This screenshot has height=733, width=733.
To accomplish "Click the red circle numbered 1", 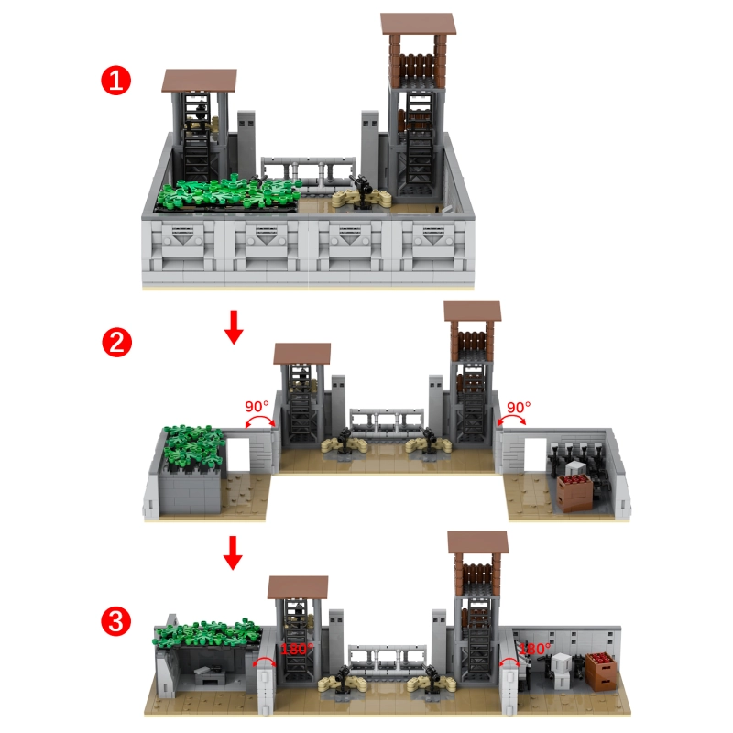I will coord(114,81).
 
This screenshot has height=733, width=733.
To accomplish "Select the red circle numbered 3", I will coord(114,620).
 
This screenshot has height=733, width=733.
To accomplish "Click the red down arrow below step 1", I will coord(234,327).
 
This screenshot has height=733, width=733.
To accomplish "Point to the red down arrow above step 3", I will coord(234,553).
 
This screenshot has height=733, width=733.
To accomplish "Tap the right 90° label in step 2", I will coord(519,406).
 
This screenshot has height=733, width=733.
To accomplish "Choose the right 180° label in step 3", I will coord(534,648).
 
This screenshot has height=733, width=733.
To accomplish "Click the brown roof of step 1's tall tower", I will coord(418,25).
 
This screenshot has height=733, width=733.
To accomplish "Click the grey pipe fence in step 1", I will coord(308,170).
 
